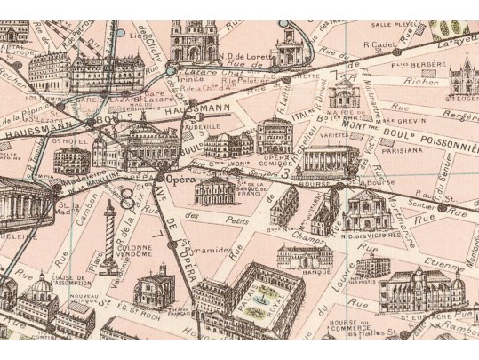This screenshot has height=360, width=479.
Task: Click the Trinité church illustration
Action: pos(188,40)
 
